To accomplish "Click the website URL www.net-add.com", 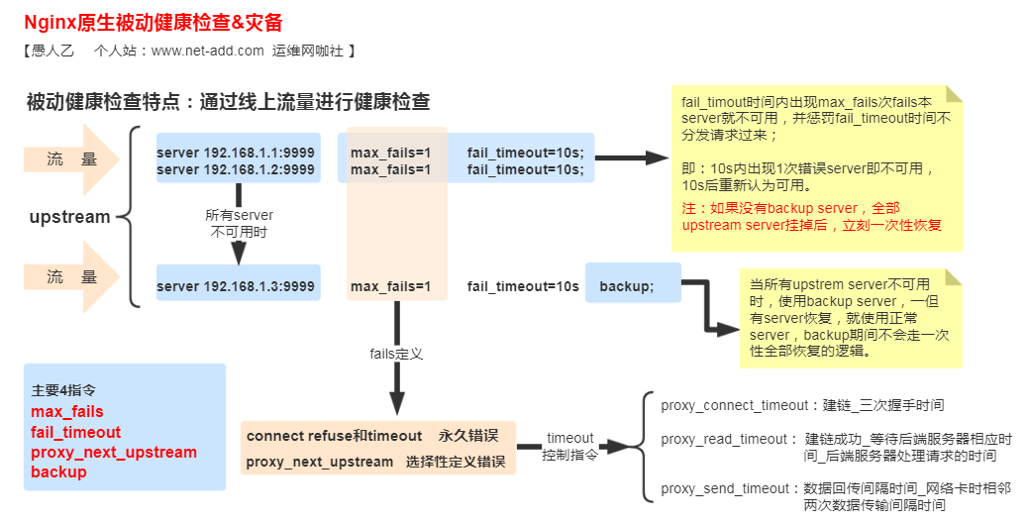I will [x=207, y=51].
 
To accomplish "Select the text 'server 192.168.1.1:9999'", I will [x=236, y=153].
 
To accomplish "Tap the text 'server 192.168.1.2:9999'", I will [x=236, y=169].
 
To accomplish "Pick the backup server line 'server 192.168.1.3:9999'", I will [x=236, y=286].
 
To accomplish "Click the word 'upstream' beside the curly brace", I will [x=69, y=217].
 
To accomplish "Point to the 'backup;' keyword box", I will [x=627, y=286].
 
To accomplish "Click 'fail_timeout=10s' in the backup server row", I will [x=523, y=286].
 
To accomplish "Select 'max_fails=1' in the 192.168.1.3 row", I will [x=390, y=286].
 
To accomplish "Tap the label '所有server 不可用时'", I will [x=239, y=223].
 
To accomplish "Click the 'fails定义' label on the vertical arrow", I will [x=396, y=353].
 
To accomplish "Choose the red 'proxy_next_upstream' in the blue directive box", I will [x=114, y=452].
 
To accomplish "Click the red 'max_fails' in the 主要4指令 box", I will [x=67, y=411].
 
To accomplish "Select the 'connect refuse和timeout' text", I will [x=334, y=436].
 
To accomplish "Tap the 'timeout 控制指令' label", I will [x=569, y=446].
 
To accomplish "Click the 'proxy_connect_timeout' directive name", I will [x=734, y=405].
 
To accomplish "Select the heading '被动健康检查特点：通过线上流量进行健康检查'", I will [x=228, y=101].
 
